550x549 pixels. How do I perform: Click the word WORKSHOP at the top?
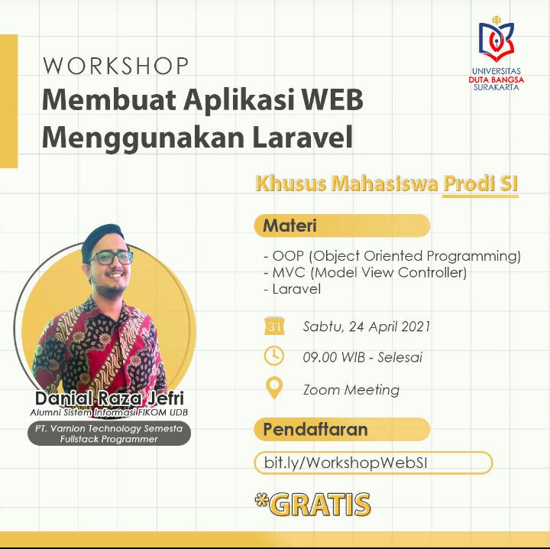(x=115, y=66)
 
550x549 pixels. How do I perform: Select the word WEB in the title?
(x=332, y=99)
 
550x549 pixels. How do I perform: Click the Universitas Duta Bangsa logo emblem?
(x=497, y=39)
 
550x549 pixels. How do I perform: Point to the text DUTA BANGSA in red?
(x=497, y=80)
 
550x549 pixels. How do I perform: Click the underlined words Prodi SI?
(x=480, y=184)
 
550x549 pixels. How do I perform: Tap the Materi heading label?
(x=290, y=226)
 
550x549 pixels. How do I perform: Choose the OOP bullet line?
(x=392, y=256)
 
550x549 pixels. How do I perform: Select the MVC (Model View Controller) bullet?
(x=365, y=272)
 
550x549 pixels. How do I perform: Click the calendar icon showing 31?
(x=274, y=326)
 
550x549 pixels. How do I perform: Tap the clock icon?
(x=274, y=356)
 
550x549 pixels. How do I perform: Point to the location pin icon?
(x=274, y=388)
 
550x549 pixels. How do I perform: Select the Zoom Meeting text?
(x=351, y=390)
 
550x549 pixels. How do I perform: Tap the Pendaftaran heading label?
(x=315, y=429)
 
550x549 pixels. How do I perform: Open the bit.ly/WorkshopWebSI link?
(x=345, y=463)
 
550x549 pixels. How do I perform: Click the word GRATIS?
(x=322, y=505)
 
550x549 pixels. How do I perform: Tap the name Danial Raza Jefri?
(x=109, y=398)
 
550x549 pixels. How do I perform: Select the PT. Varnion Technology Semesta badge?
(x=109, y=434)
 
